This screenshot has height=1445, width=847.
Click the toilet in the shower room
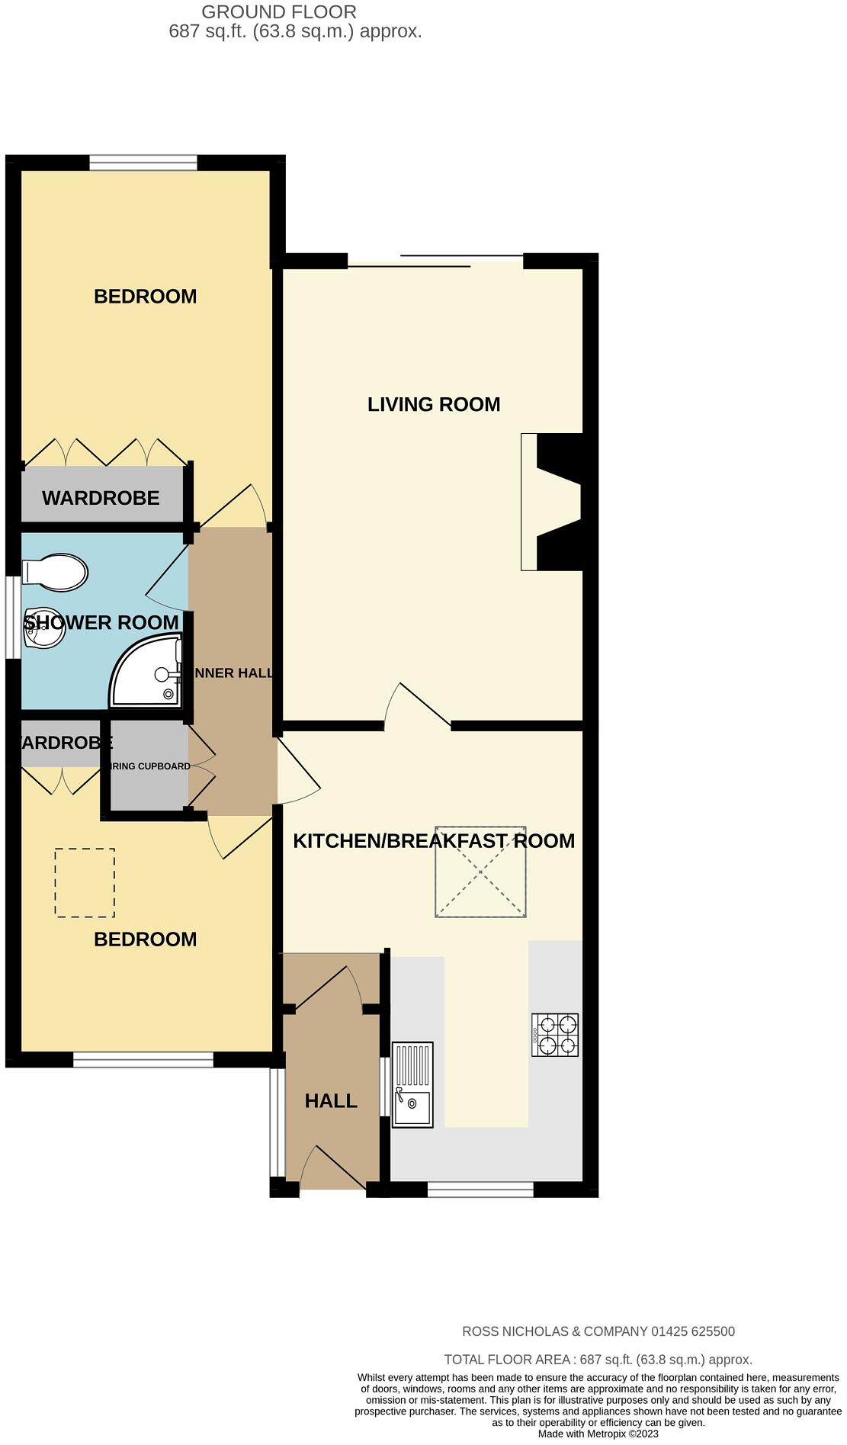click(55, 573)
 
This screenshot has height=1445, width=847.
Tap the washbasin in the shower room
click(43, 628)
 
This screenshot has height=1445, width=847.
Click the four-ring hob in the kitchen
click(555, 1035)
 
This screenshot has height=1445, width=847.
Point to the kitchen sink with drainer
click(412, 1084)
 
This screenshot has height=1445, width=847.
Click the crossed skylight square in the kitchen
click(480, 872)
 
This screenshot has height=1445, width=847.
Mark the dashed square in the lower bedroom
click(85, 882)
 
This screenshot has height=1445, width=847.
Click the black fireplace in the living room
click(560, 502)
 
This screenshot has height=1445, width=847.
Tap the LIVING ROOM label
click(434, 404)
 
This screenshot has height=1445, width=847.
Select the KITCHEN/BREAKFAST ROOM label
click(434, 841)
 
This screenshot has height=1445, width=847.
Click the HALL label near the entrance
click(331, 1101)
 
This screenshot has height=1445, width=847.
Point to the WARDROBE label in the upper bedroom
click(101, 498)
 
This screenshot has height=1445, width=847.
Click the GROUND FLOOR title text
click(278, 12)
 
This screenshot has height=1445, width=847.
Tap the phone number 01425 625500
click(692, 1331)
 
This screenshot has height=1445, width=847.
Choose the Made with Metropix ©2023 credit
click(598, 1434)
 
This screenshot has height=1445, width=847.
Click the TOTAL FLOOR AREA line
click(598, 1360)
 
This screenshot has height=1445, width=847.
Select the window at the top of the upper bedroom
click(143, 162)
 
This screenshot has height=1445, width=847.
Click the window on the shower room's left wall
click(13, 617)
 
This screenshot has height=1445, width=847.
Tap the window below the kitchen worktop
click(480, 1190)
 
